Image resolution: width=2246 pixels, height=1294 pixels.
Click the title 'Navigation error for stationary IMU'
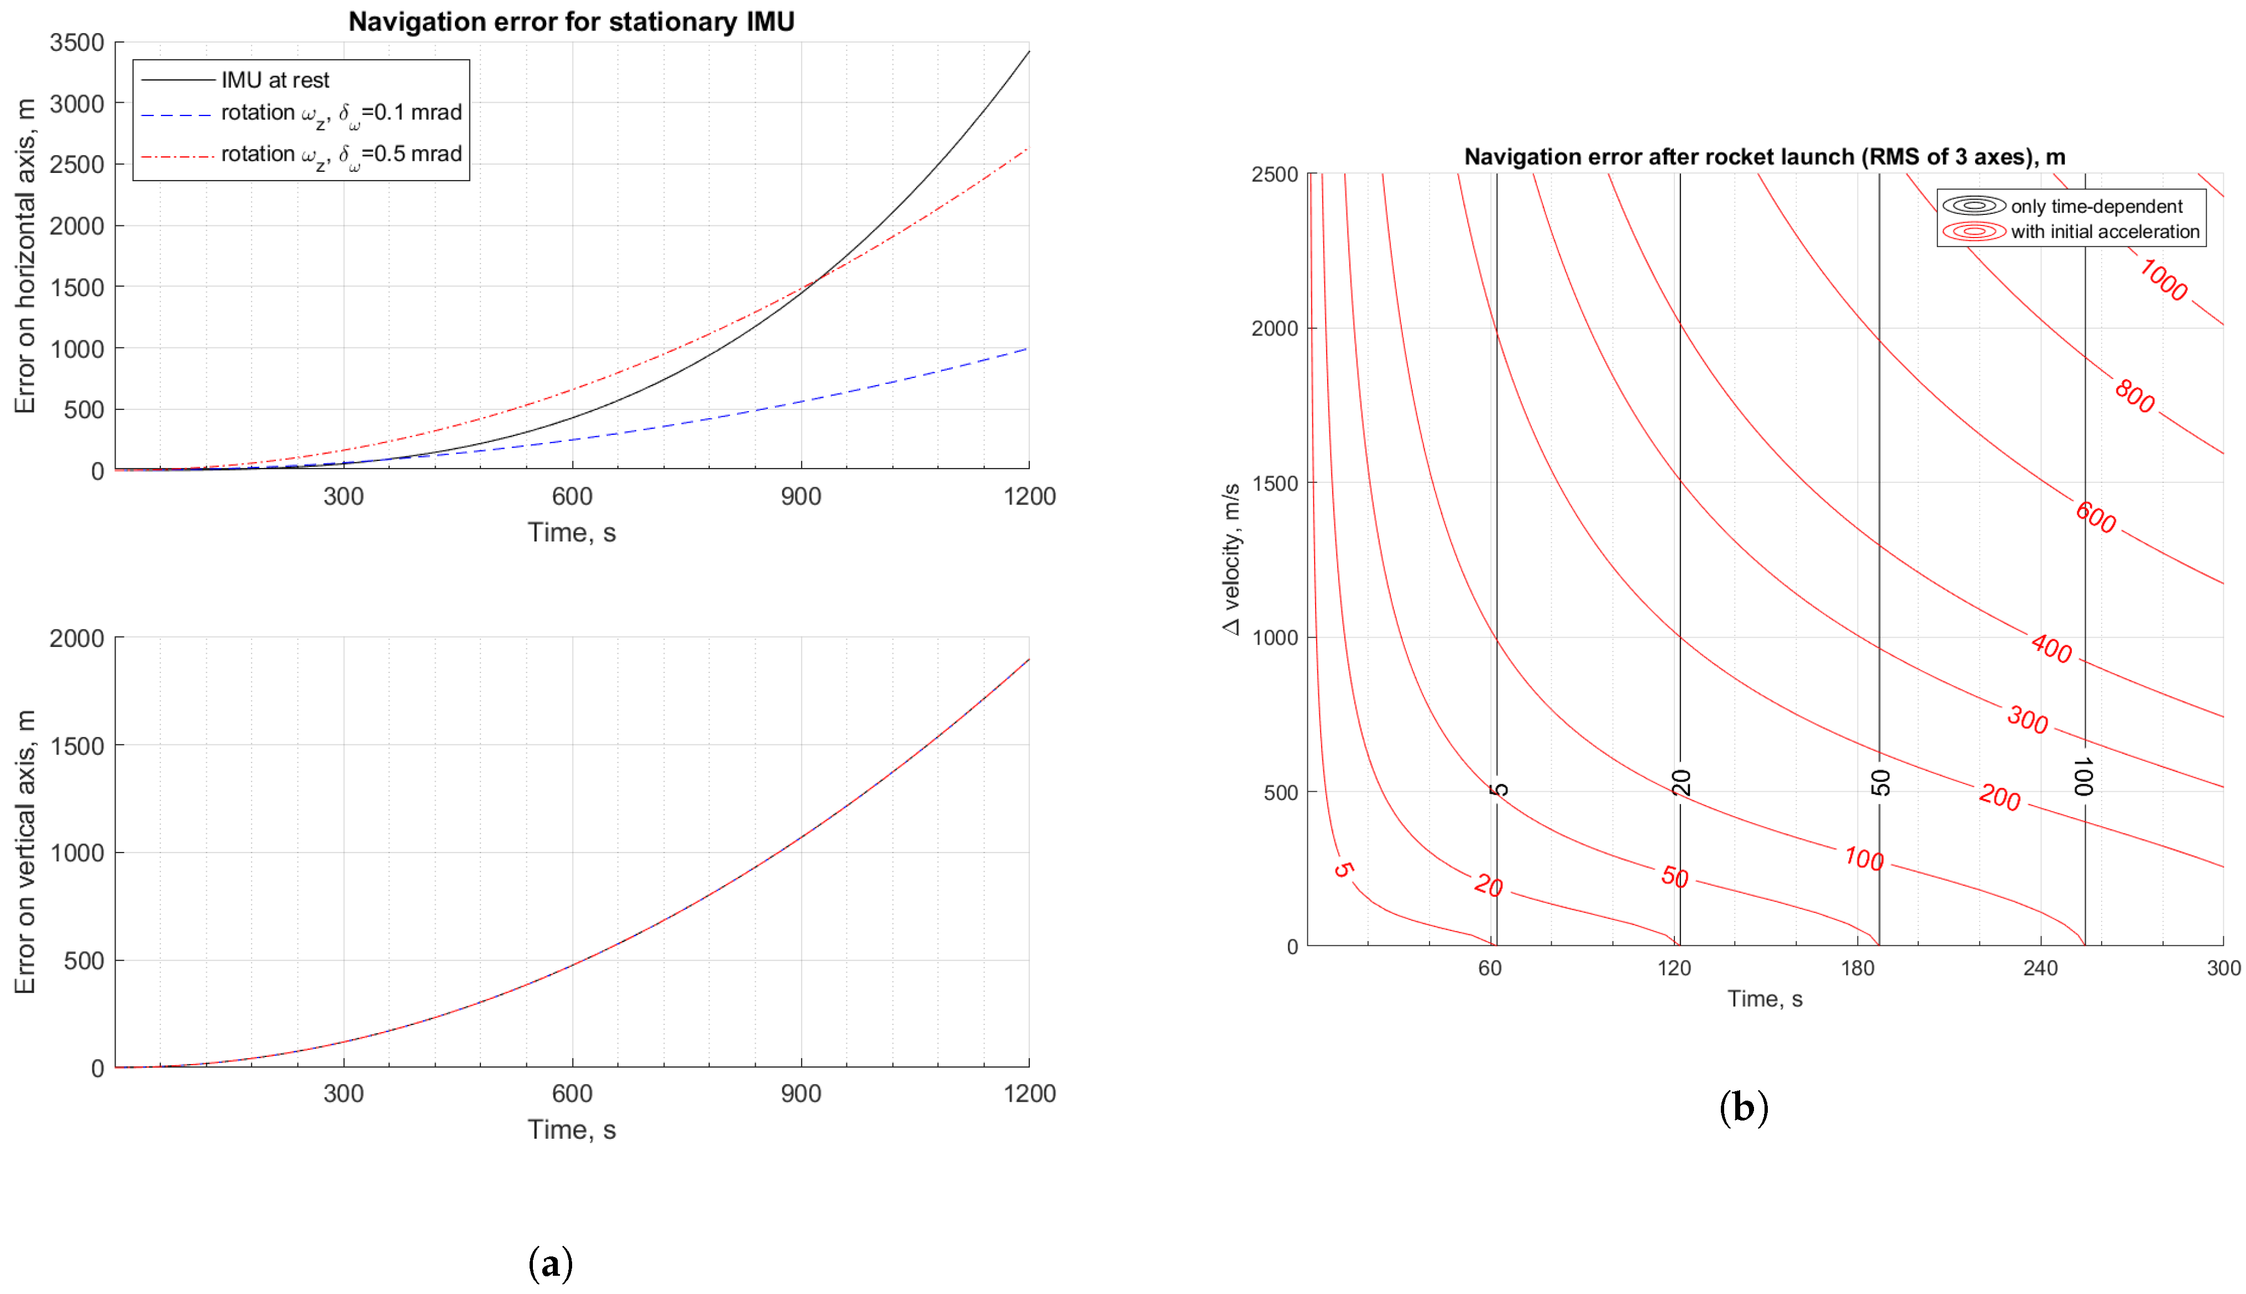571,22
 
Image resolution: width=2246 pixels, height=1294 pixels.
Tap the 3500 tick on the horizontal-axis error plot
77,43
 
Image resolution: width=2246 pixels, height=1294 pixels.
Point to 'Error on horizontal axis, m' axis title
25,256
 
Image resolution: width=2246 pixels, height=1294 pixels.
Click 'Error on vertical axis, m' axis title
25,851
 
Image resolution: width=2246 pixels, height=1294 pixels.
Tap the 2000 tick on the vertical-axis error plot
77,638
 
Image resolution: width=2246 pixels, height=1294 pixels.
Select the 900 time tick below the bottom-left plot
800,1093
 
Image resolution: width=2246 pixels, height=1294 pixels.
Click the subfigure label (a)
551,1263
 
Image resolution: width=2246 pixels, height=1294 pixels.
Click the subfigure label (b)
1744,1107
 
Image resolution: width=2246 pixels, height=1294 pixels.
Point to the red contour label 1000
2163,280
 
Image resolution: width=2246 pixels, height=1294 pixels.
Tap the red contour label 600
2096,517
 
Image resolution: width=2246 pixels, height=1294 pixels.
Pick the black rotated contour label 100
2083,777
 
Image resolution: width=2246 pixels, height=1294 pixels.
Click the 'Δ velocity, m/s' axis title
1232,559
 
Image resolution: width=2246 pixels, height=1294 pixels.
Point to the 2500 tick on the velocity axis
1275,174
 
